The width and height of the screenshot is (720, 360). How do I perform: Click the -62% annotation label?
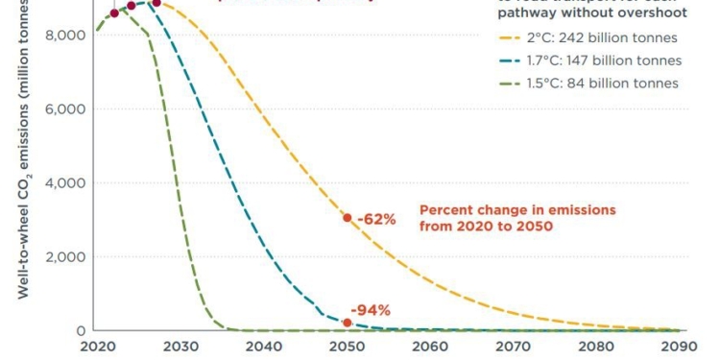click(376, 219)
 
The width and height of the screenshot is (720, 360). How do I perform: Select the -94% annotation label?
click(370, 310)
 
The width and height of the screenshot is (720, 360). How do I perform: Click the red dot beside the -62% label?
click(348, 218)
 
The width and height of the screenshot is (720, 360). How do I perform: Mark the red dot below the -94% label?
click(348, 323)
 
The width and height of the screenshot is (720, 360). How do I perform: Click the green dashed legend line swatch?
click(509, 84)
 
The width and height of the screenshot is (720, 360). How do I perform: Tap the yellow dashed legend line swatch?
click(509, 38)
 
